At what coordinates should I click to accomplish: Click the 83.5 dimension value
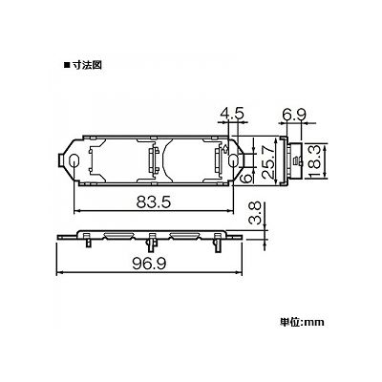point(154,202)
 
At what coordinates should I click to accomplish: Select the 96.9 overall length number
point(150,264)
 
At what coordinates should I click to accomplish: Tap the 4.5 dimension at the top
point(232,114)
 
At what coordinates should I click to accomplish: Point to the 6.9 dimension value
point(294,114)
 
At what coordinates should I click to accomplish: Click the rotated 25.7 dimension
point(268,160)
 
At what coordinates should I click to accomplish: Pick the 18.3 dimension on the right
point(315,160)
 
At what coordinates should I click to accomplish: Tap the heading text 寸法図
point(87,65)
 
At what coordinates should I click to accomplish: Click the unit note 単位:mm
point(302,322)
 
